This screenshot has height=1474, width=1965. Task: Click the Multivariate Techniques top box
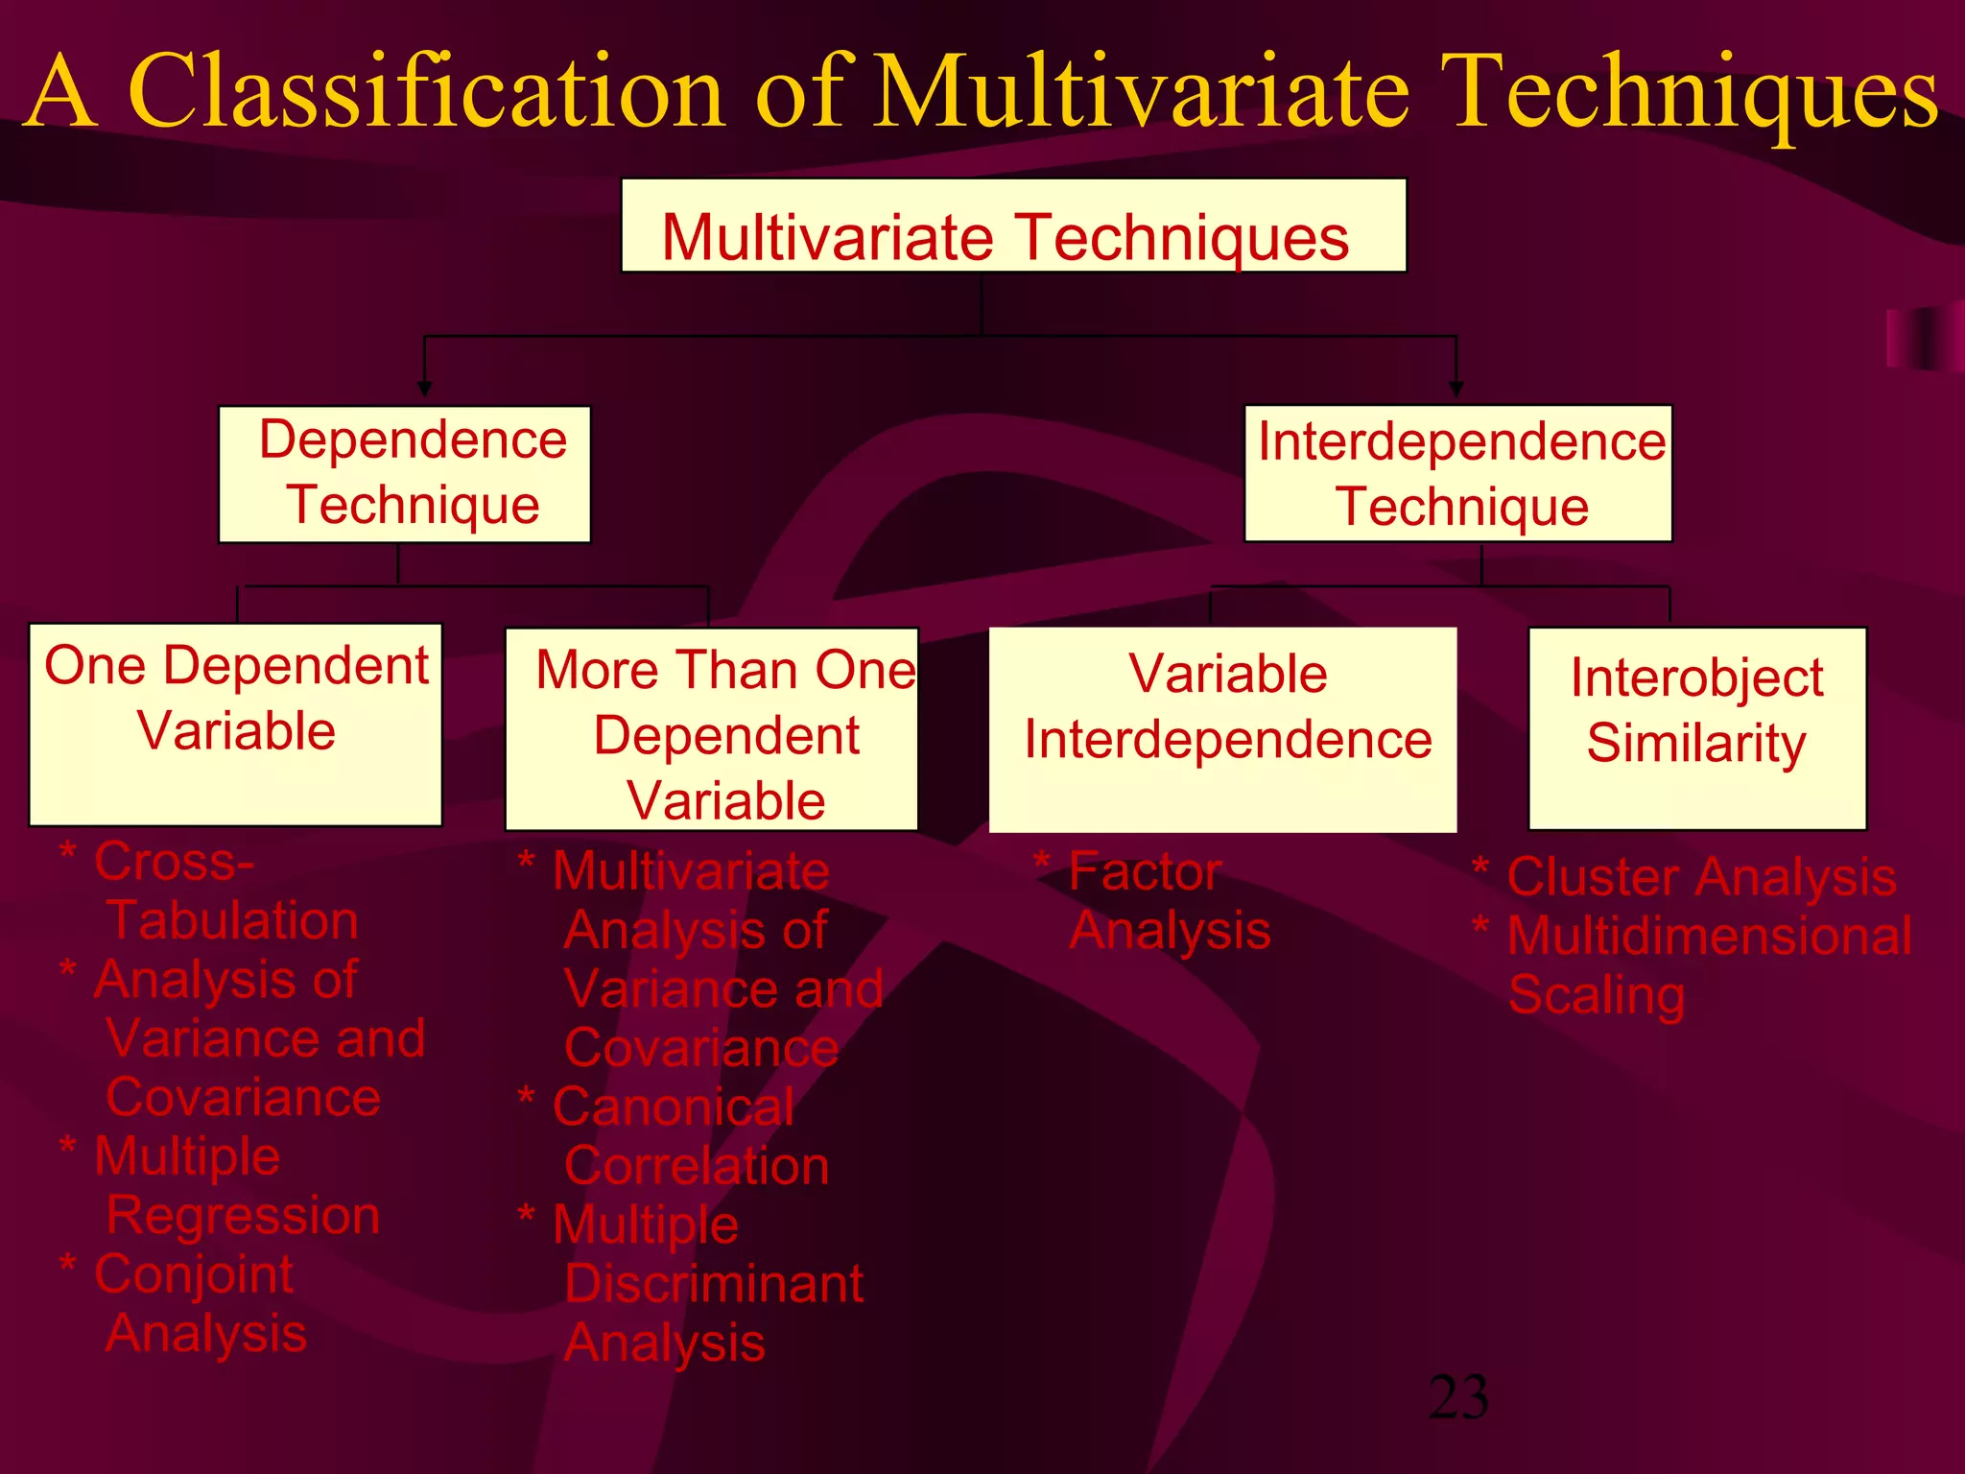(x=1013, y=226)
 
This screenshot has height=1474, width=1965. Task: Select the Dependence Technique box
(x=404, y=474)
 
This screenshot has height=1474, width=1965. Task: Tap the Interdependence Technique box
(x=1457, y=474)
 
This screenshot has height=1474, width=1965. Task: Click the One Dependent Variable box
(x=235, y=725)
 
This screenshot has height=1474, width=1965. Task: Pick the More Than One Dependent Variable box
(x=711, y=729)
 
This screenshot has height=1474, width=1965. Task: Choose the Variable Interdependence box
(x=1222, y=729)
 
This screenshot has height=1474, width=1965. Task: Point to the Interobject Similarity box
(x=1696, y=727)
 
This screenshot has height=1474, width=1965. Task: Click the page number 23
(x=1457, y=1397)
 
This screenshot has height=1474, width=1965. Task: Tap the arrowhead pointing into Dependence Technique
(x=424, y=389)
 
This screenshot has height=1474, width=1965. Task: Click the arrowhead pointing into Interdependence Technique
(x=1456, y=389)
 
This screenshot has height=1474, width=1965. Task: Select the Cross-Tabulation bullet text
(x=211, y=891)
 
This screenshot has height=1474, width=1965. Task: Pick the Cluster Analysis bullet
(x=1700, y=877)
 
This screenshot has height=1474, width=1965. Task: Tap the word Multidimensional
(x=1709, y=936)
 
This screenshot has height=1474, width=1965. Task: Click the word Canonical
(x=674, y=1107)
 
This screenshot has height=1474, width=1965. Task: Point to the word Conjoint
(x=193, y=1274)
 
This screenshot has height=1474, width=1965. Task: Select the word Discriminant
(x=714, y=1284)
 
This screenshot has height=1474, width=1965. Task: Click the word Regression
(x=243, y=1215)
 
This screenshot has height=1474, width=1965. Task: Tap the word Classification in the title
(x=426, y=92)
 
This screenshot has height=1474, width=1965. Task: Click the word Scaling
(x=1596, y=995)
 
